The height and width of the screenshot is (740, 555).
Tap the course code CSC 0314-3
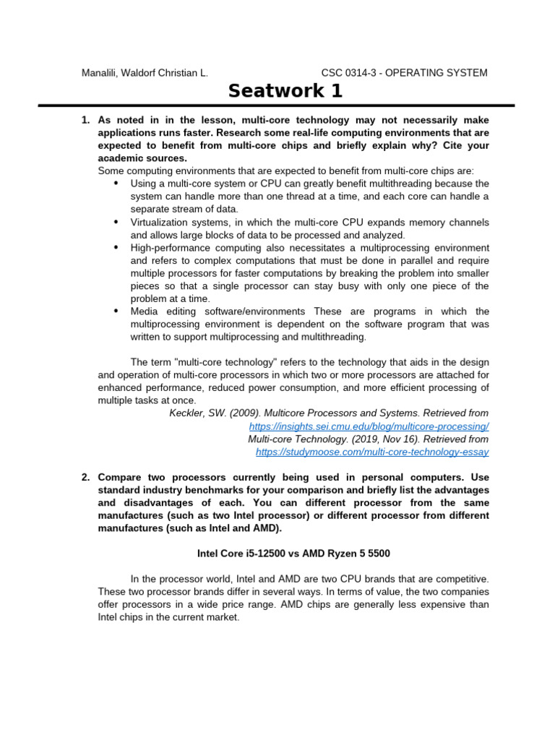tap(351, 72)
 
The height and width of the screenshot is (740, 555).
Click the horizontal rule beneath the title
tap(277, 106)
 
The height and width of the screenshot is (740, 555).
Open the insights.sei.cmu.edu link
tap(369, 426)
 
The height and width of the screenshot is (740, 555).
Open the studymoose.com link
tap(372, 452)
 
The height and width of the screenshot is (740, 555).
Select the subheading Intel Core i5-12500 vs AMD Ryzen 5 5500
tap(293, 554)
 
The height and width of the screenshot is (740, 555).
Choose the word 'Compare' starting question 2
tap(120, 478)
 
